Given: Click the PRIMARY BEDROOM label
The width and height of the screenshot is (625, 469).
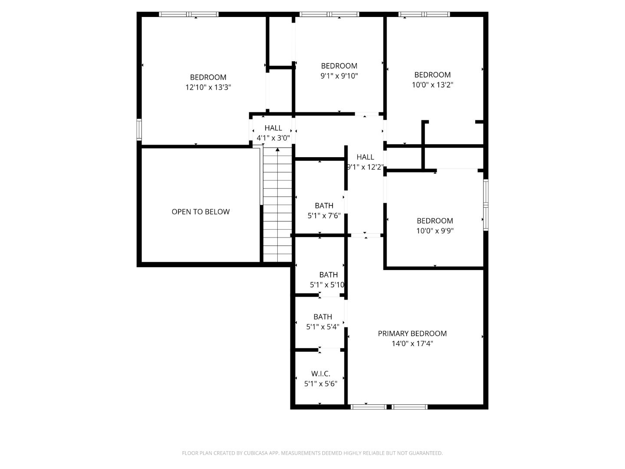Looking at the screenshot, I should pos(412,334).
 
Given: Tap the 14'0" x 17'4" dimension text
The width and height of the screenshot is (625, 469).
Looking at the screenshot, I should pos(412,344).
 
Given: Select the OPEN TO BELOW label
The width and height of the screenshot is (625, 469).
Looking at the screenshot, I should pos(201,212).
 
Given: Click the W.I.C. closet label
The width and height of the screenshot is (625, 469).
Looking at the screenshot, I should pos(320,373).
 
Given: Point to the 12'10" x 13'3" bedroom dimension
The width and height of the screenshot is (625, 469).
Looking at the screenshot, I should pos(208,87).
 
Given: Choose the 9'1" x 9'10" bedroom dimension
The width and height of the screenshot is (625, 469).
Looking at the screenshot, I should pos(339,76).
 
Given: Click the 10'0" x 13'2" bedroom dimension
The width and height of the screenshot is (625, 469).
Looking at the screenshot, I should pos(432,85).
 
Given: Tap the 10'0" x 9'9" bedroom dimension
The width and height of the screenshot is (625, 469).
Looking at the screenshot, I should pos(435,231).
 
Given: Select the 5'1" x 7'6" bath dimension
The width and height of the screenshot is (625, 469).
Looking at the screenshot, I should pos(324,216).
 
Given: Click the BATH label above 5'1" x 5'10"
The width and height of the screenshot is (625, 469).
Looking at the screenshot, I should pos(328,275).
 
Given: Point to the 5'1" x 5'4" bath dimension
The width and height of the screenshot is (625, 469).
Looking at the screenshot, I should pos(322,327).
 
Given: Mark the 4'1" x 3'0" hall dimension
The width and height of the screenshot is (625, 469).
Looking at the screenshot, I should pos(273,138).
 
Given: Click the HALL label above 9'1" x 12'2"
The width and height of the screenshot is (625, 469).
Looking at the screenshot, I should pos(365,157).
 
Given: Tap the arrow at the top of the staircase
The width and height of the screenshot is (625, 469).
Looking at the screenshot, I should pos(278,150).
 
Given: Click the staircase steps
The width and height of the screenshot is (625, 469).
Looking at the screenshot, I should pos(278,208).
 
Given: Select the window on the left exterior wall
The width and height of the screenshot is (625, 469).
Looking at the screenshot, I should pos(139,129).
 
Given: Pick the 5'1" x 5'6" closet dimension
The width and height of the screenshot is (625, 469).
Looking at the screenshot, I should pos(320,384).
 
